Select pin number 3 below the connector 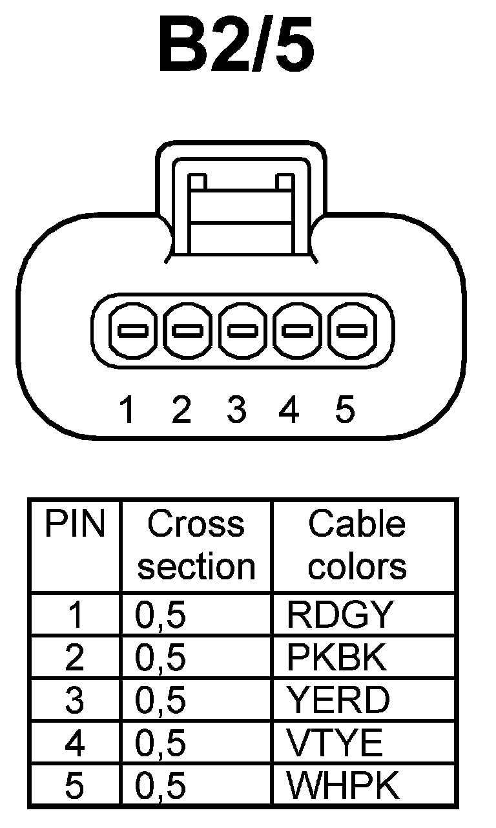(237, 409)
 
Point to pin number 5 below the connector (346, 409)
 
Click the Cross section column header (196, 546)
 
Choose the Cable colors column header (357, 546)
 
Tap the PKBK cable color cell (336, 657)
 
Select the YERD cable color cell (338, 700)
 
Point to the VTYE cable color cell (335, 743)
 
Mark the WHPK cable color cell (343, 785)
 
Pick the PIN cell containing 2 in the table (75, 657)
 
